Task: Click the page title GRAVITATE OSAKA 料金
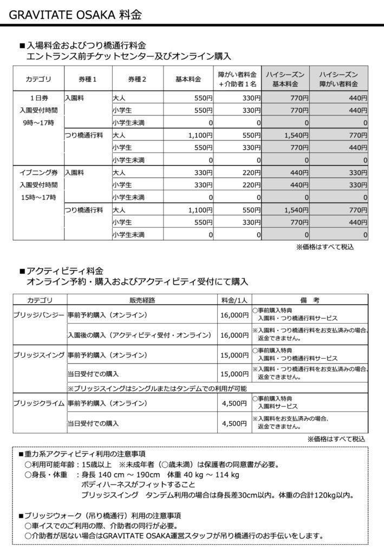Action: click(x=76, y=14)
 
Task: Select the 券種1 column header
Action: click(x=87, y=79)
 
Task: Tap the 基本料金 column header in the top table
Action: click(x=188, y=79)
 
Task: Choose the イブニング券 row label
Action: click(x=38, y=173)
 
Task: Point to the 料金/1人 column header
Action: click(x=232, y=299)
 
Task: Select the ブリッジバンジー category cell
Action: click(x=38, y=315)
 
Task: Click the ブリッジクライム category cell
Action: click(x=38, y=403)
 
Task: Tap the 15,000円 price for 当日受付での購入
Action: click(x=234, y=374)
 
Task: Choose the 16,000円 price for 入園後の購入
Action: click(x=234, y=335)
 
